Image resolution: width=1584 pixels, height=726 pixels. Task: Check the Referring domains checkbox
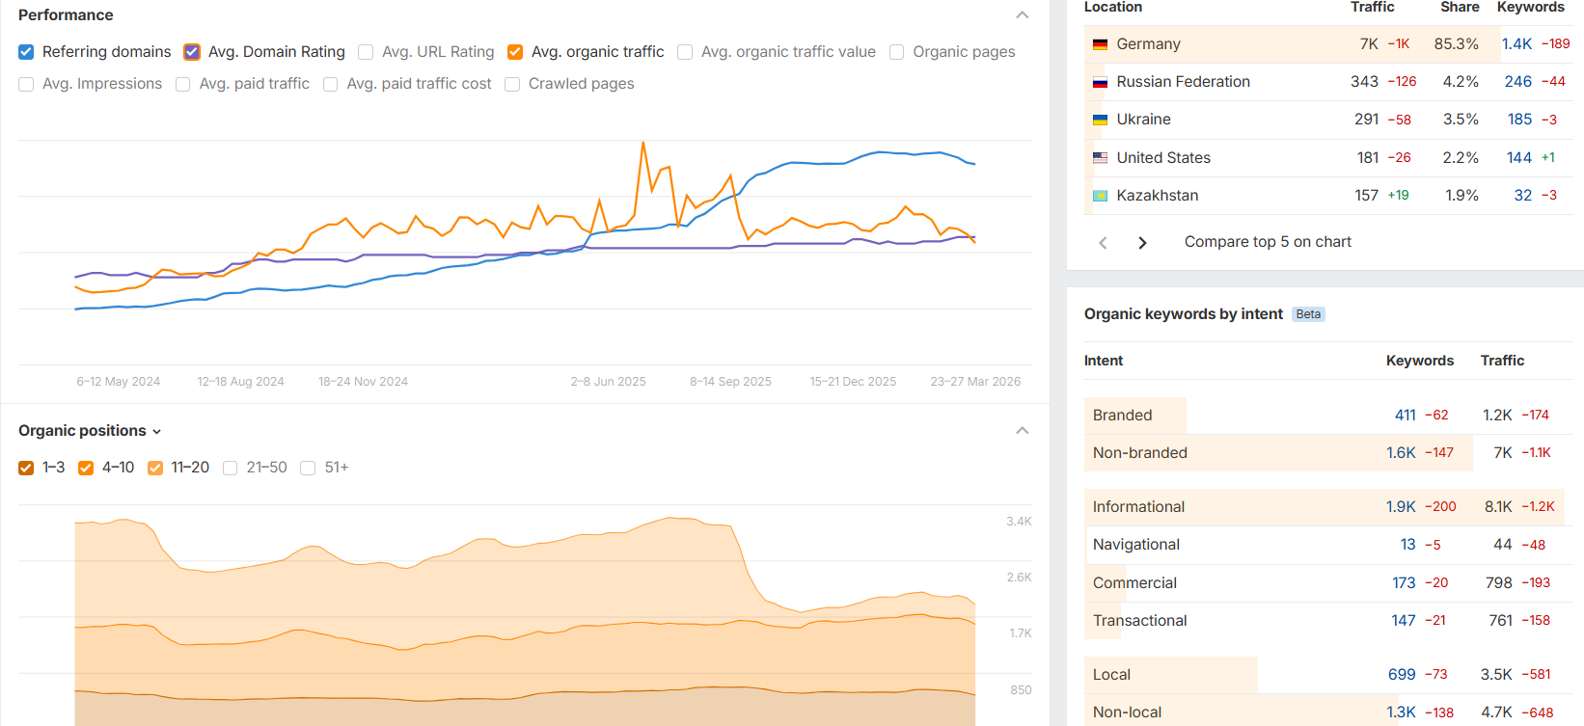26,52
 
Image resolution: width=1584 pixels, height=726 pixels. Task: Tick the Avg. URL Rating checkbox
366,52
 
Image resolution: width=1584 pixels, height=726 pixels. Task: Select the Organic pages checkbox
897,52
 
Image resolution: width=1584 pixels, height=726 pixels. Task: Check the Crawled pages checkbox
512,84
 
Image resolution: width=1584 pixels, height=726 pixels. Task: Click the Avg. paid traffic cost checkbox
331,84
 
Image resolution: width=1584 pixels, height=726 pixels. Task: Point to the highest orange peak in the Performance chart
642,144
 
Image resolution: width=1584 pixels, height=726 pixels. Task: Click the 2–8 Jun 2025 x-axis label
608,382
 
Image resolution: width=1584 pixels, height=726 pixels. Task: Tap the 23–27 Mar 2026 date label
975,382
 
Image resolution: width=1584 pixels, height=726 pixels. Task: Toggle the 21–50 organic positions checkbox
231,468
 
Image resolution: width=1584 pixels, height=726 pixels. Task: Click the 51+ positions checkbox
309,468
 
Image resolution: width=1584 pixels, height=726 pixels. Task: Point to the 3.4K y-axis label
1019,522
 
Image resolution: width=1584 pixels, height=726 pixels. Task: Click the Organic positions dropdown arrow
157,432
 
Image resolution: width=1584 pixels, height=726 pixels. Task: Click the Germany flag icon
1100,44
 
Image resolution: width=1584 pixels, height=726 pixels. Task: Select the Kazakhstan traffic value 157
1366,196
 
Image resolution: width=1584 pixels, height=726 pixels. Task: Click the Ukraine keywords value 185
1519,120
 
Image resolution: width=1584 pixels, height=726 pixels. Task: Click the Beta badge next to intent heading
1308,314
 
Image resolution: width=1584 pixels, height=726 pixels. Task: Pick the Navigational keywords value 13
1407,545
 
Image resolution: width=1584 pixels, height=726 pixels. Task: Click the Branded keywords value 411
1405,416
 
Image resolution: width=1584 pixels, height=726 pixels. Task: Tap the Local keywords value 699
1402,675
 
